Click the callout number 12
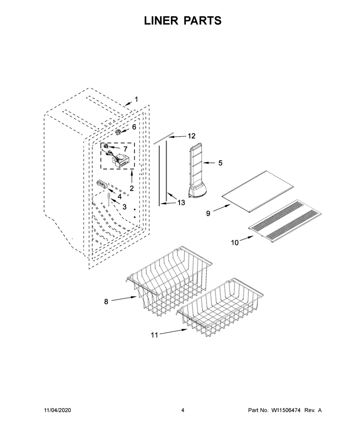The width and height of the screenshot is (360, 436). click(x=191, y=136)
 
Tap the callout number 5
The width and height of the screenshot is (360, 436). click(x=220, y=163)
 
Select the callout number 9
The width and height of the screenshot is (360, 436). click(x=208, y=214)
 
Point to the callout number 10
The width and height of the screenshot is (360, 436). click(x=235, y=243)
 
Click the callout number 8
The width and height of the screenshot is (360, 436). click(x=106, y=302)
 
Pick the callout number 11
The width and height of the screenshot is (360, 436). click(x=154, y=335)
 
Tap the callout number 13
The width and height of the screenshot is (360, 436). click(x=181, y=203)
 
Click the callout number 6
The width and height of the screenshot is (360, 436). click(x=134, y=127)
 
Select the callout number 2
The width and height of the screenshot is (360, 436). click(x=131, y=188)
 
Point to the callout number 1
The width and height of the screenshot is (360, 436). click(x=136, y=99)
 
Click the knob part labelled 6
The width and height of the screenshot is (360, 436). click(x=119, y=132)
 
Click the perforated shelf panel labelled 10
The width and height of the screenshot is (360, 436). click(x=285, y=220)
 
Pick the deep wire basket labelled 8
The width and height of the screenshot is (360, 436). click(x=168, y=280)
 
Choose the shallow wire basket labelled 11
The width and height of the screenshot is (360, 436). click(x=220, y=307)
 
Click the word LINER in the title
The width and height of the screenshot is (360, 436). click(x=161, y=21)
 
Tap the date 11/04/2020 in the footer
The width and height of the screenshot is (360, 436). click(x=58, y=410)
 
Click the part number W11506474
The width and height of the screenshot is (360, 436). click(x=286, y=410)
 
